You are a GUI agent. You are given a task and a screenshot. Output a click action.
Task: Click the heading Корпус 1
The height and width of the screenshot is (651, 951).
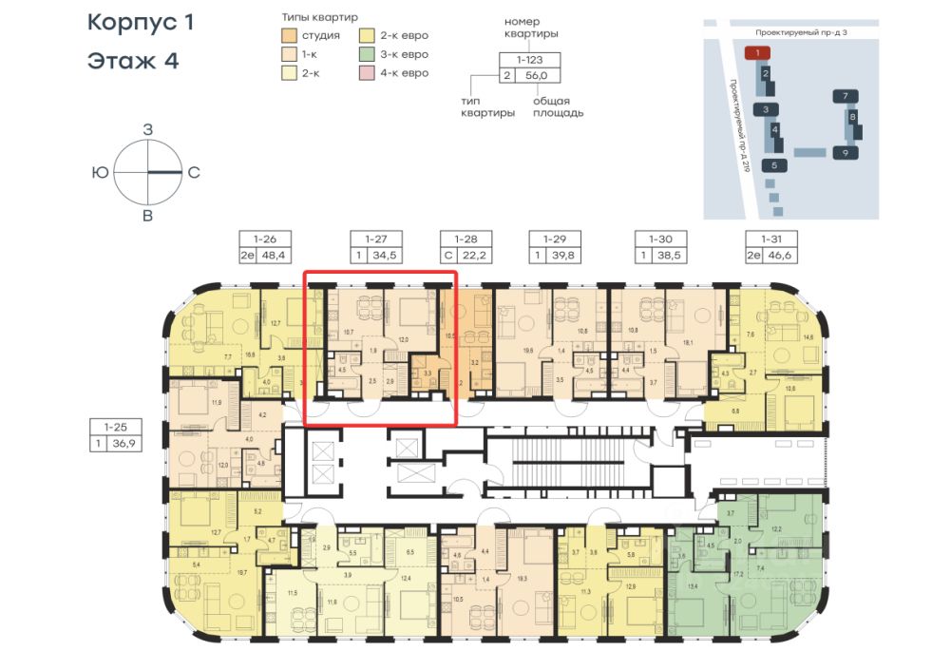pyautogui.click(x=140, y=23)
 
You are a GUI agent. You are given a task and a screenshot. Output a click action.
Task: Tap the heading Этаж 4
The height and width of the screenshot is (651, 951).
pyautogui.click(x=132, y=62)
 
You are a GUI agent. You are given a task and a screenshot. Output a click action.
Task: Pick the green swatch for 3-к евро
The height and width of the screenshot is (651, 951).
pyautogui.click(x=366, y=55)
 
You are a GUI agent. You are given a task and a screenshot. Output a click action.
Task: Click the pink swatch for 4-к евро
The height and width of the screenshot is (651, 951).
pyautogui.click(x=366, y=73)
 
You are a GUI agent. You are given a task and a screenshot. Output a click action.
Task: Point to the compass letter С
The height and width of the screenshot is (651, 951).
pyautogui.click(x=193, y=173)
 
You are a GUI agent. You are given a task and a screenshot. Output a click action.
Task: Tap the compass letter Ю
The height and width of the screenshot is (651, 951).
pyautogui.click(x=100, y=173)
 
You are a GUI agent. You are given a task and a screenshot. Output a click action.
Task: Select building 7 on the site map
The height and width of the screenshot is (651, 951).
pyautogui.click(x=845, y=95)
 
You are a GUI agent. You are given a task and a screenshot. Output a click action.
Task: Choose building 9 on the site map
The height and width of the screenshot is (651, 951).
pyautogui.click(x=845, y=152)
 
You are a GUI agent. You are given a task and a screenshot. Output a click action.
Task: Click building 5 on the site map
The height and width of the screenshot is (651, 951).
pyautogui.click(x=774, y=165)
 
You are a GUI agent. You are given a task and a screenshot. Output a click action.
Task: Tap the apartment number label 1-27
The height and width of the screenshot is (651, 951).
pyautogui.click(x=363, y=239)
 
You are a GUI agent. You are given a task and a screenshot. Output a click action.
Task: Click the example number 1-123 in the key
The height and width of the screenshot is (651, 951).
pyautogui.click(x=530, y=59)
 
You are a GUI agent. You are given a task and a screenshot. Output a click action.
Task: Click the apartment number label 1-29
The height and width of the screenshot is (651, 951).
pyautogui.click(x=554, y=239)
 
